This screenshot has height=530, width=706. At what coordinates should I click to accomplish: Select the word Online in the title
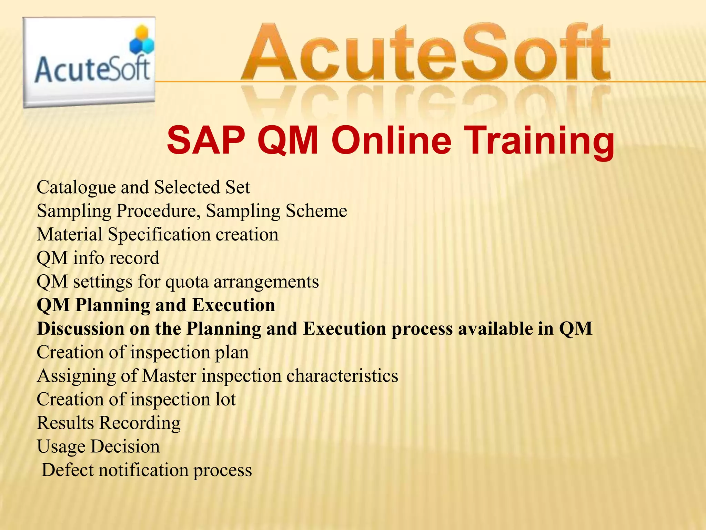(x=391, y=141)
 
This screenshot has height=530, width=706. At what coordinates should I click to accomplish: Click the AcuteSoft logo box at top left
(x=89, y=62)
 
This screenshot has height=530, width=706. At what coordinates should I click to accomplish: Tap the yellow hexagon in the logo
(x=142, y=33)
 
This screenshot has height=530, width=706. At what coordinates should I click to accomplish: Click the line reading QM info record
(x=98, y=258)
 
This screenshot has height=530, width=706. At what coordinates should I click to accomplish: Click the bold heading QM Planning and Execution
(x=156, y=305)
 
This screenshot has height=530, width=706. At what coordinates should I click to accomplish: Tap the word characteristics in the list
(x=342, y=376)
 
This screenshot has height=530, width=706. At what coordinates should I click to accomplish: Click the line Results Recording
(x=109, y=423)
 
